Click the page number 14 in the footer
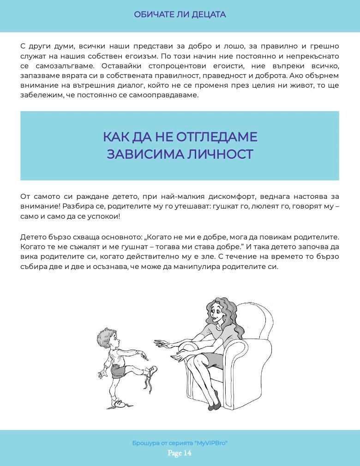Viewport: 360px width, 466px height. pyautogui.click(x=186, y=453)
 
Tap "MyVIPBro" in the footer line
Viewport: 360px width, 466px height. pyautogui.click(x=212, y=443)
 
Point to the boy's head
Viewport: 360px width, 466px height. pyautogui.click(x=107, y=340)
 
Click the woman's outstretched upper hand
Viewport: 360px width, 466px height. pyautogui.click(x=162, y=344)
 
